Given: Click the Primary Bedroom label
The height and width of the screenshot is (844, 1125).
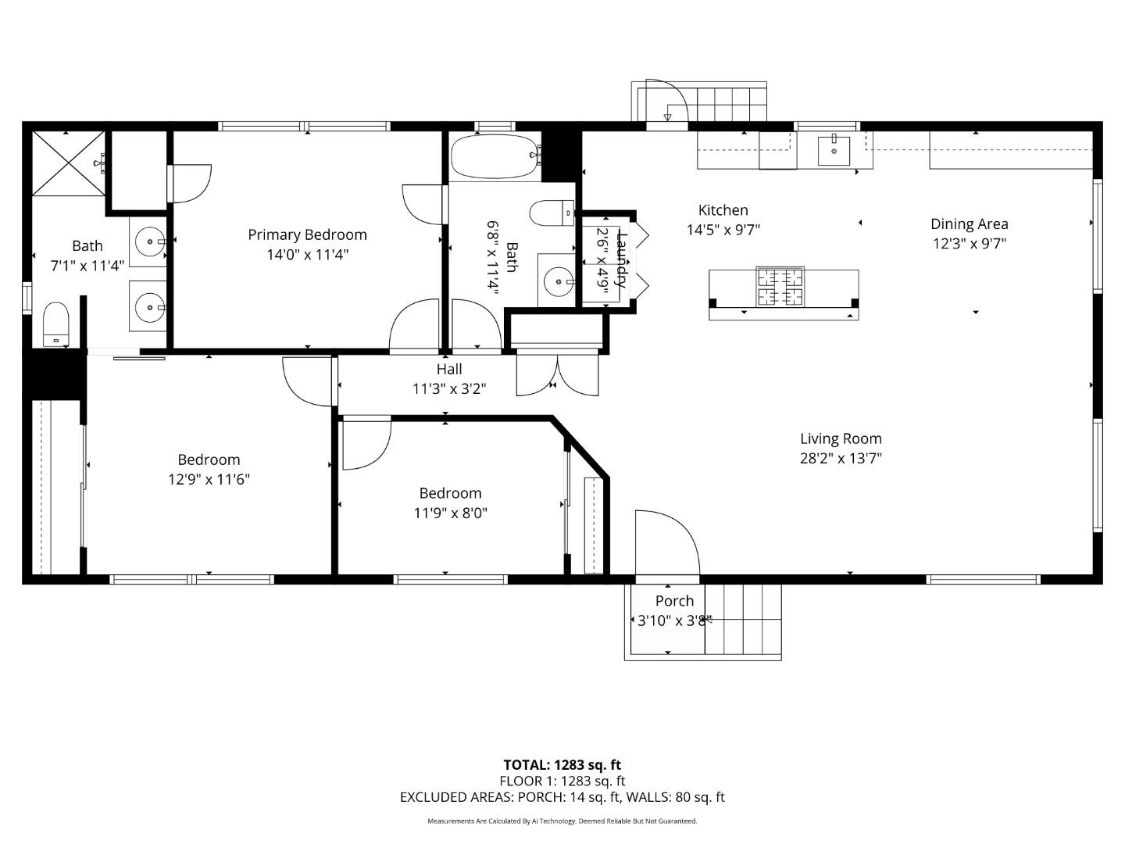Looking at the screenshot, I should click(x=307, y=234).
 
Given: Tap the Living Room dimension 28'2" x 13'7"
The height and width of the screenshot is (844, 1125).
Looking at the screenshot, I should click(x=841, y=459).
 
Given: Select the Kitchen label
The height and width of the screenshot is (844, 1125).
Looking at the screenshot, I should click(x=723, y=210).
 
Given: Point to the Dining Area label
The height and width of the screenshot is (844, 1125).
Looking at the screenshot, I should click(x=969, y=224).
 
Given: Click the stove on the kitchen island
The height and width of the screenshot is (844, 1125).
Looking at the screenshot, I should click(x=780, y=286).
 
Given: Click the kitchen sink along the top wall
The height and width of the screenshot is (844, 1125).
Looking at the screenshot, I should click(x=834, y=150).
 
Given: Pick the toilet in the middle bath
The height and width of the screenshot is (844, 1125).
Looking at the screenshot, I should click(x=551, y=213).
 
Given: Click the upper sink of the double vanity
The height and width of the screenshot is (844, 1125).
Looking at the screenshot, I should click(x=148, y=242).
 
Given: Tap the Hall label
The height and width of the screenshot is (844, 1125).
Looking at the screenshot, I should click(x=449, y=370).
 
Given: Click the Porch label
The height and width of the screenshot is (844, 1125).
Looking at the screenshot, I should click(x=674, y=601).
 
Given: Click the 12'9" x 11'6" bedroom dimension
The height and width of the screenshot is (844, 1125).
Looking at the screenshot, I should click(x=209, y=480).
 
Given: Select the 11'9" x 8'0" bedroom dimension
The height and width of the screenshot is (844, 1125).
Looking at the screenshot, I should click(x=450, y=513).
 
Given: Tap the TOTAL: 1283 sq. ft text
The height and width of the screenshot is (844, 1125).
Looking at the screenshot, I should click(x=562, y=765).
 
